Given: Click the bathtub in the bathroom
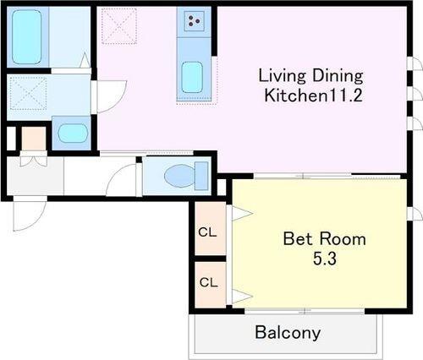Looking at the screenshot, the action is click(27, 37).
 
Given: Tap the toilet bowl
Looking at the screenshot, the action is click(179, 176).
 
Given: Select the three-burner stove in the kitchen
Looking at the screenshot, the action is click(194, 21).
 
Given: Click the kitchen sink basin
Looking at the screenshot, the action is click(192, 77).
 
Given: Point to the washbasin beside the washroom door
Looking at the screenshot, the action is click(73, 134).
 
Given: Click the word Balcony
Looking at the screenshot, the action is click(288, 333).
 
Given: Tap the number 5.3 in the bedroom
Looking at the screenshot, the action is click(325, 259).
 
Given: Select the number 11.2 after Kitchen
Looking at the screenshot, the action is click(344, 95).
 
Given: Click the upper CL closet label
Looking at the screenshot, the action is click(207, 232).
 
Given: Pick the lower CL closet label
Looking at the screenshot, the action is click(209, 282).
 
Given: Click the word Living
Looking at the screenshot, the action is click(282, 76).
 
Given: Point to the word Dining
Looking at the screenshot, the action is click(338, 76).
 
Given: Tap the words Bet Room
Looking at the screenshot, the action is click(325, 239).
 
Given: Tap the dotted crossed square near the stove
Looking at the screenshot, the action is click(119, 26).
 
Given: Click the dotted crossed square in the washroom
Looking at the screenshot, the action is click(28, 93).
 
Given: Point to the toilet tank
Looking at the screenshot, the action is click(201, 176).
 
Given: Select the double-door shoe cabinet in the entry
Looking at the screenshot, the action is click(34, 159).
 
